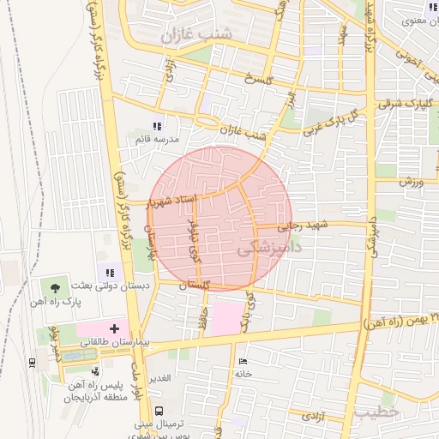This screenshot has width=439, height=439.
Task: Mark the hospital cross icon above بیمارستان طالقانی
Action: [x=114, y=328]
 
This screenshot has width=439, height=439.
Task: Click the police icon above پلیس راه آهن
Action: [x=94, y=371]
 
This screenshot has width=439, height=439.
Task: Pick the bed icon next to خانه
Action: [x=243, y=361]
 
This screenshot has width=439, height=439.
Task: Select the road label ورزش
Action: [x=412, y=183]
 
